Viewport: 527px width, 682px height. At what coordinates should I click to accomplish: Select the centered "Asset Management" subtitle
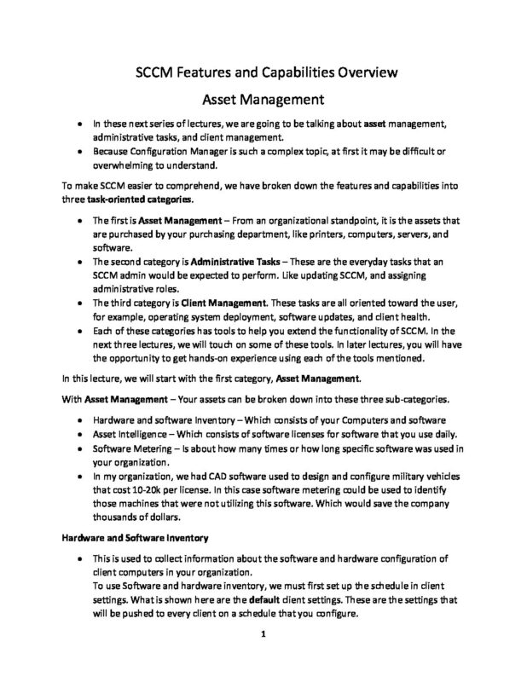[x=263, y=100]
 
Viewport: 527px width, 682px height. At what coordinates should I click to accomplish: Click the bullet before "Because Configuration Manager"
[x=78, y=152]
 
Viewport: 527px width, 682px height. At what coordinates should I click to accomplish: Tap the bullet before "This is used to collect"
[x=78, y=557]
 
